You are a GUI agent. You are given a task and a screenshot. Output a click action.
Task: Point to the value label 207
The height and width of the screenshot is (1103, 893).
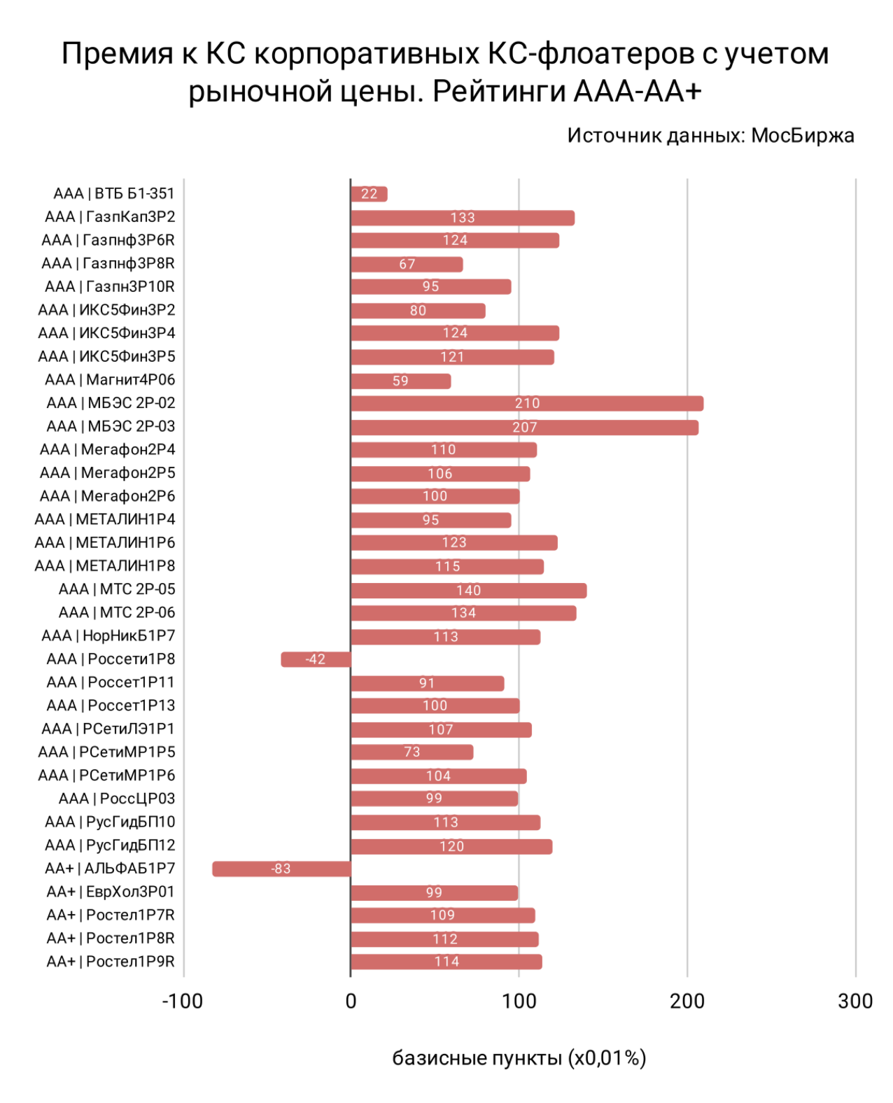point(524,427)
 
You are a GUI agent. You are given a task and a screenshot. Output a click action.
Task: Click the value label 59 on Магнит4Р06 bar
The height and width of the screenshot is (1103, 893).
point(400,381)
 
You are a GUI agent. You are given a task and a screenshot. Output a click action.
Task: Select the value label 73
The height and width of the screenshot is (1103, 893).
point(412,752)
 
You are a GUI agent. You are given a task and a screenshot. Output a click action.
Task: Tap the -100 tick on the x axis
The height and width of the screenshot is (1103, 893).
point(183,1002)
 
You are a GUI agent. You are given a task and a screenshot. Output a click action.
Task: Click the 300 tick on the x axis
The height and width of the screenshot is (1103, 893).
point(855,1002)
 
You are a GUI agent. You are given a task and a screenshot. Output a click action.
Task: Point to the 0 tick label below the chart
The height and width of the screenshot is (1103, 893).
point(351,1002)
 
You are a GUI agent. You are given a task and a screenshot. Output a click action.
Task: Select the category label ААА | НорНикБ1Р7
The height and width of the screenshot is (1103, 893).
point(108,635)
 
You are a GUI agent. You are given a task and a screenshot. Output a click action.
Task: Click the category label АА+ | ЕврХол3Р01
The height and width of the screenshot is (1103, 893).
point(111,892)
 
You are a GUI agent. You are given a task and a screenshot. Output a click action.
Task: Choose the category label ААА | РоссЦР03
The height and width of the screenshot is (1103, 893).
point(117,799)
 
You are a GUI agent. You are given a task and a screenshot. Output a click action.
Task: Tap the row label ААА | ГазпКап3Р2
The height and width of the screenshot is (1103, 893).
point(110,217)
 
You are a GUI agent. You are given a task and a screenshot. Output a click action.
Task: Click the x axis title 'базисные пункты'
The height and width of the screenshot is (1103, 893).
point(477,1058)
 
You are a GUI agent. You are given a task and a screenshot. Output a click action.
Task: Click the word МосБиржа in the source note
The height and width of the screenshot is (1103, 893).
point(803,135)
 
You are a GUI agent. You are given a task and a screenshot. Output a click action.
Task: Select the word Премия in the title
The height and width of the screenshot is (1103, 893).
point(117,53)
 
